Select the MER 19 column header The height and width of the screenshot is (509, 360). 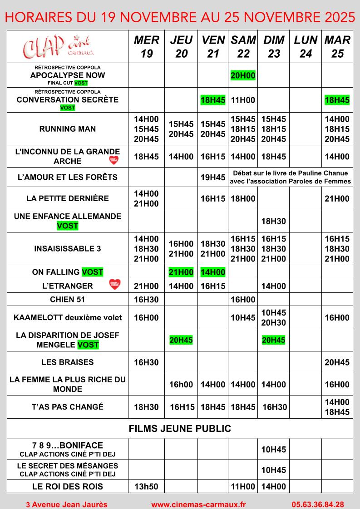(147, 47)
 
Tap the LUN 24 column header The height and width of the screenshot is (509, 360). (306, 47)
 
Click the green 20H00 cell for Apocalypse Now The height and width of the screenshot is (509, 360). (243, 76)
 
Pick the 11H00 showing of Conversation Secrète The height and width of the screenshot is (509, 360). (243, 100)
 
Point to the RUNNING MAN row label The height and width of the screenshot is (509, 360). (68, 129)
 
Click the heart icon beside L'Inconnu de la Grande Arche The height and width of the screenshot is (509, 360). (114, 160)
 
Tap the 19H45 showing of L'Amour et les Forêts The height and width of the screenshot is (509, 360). (213, 177)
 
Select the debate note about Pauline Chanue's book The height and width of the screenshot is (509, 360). (291, 177)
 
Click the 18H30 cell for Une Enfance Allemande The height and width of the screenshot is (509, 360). (274, 221)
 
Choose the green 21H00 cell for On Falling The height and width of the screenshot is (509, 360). (181, 272)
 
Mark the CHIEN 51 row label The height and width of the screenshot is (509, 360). (68, 300)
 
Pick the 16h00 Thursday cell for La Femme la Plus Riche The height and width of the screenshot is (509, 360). (181, 385)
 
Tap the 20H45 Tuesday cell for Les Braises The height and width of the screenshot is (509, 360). (337, 362)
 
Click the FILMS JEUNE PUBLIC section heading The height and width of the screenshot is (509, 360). (180, 429)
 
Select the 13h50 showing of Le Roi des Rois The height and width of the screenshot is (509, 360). (147, 487)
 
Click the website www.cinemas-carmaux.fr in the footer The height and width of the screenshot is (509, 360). (198, 504)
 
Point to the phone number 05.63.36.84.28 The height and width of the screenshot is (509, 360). (317, 504)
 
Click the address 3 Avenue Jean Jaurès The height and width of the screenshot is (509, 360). (67, 504)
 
